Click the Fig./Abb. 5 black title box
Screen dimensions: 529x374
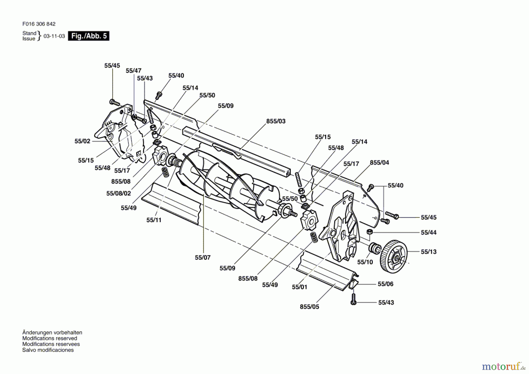click(x=88, y=36)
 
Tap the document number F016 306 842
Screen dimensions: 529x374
click(x=39, y=24)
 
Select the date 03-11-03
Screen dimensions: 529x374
click(x=54, y=36)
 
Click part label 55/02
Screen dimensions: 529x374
click(x=82, y=141)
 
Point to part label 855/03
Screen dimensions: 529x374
click(x=276, y=121)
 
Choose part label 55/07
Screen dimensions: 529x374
click(x=203, y=257)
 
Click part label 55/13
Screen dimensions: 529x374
click(x=429, y=252)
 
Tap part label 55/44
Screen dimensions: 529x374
click(x=429, y=232)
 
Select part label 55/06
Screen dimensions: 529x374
click(x=386, y=284)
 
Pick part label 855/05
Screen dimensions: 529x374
click(x=309, y=307)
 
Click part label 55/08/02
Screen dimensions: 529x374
click(x=119, y=193)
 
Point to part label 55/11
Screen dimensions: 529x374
click(x=154, y=220)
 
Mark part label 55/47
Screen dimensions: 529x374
click(x=133, y=71)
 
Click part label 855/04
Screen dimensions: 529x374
click(x=379, y=163)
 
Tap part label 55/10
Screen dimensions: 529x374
click(x=365, y=262)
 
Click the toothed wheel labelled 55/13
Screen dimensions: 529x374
click(x=394, y=256)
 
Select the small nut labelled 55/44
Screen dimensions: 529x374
click(x=370, y=232)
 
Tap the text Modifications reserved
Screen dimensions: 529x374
click(x=50, y=338)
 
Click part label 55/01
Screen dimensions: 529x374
click(x=299, y=287)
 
